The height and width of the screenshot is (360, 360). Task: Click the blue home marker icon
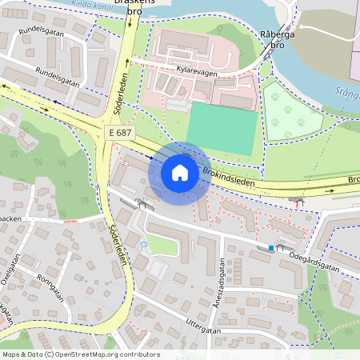[x=180, y=173]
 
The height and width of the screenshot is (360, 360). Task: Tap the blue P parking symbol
[x=144, y=246]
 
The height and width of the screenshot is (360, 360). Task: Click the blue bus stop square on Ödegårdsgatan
[x=271, y=249]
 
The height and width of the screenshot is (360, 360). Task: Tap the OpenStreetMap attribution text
[x=81, y=354]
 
